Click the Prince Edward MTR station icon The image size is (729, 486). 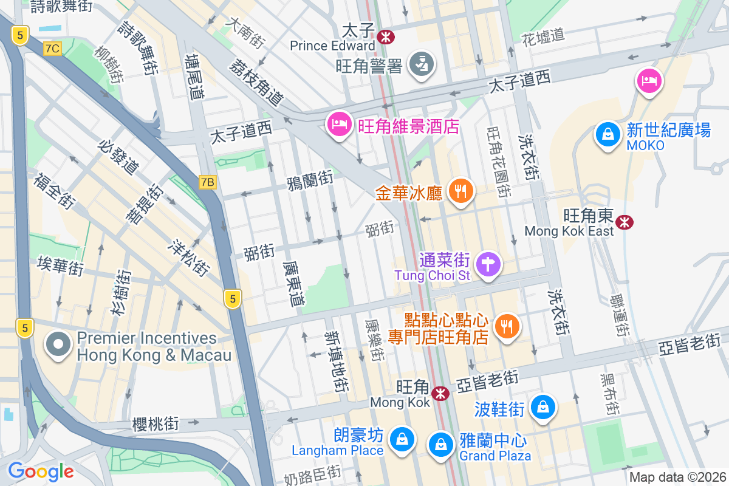click(x=385, y=37)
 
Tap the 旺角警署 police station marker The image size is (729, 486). click(x=420, y=63)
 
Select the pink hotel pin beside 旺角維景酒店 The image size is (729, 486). click(x=338, y=125)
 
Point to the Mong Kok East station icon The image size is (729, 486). click(x=624, y=222)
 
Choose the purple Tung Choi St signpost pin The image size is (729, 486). click(x=488, y=265)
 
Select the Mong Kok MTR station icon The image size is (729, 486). click(x=440, y=394)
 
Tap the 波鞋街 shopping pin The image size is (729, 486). click(x=542, y=407)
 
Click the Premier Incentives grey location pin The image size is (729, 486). click(x=58, y=344)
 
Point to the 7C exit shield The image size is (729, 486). click(x=52, y=49)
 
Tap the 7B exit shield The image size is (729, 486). click(x=208, y=182)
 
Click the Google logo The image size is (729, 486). click(x=41, y=471)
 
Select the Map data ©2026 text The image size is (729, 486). click(x=677, y=477)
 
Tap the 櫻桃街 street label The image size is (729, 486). click(x=156, y=423)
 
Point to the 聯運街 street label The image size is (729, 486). click(x=620, y=315)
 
